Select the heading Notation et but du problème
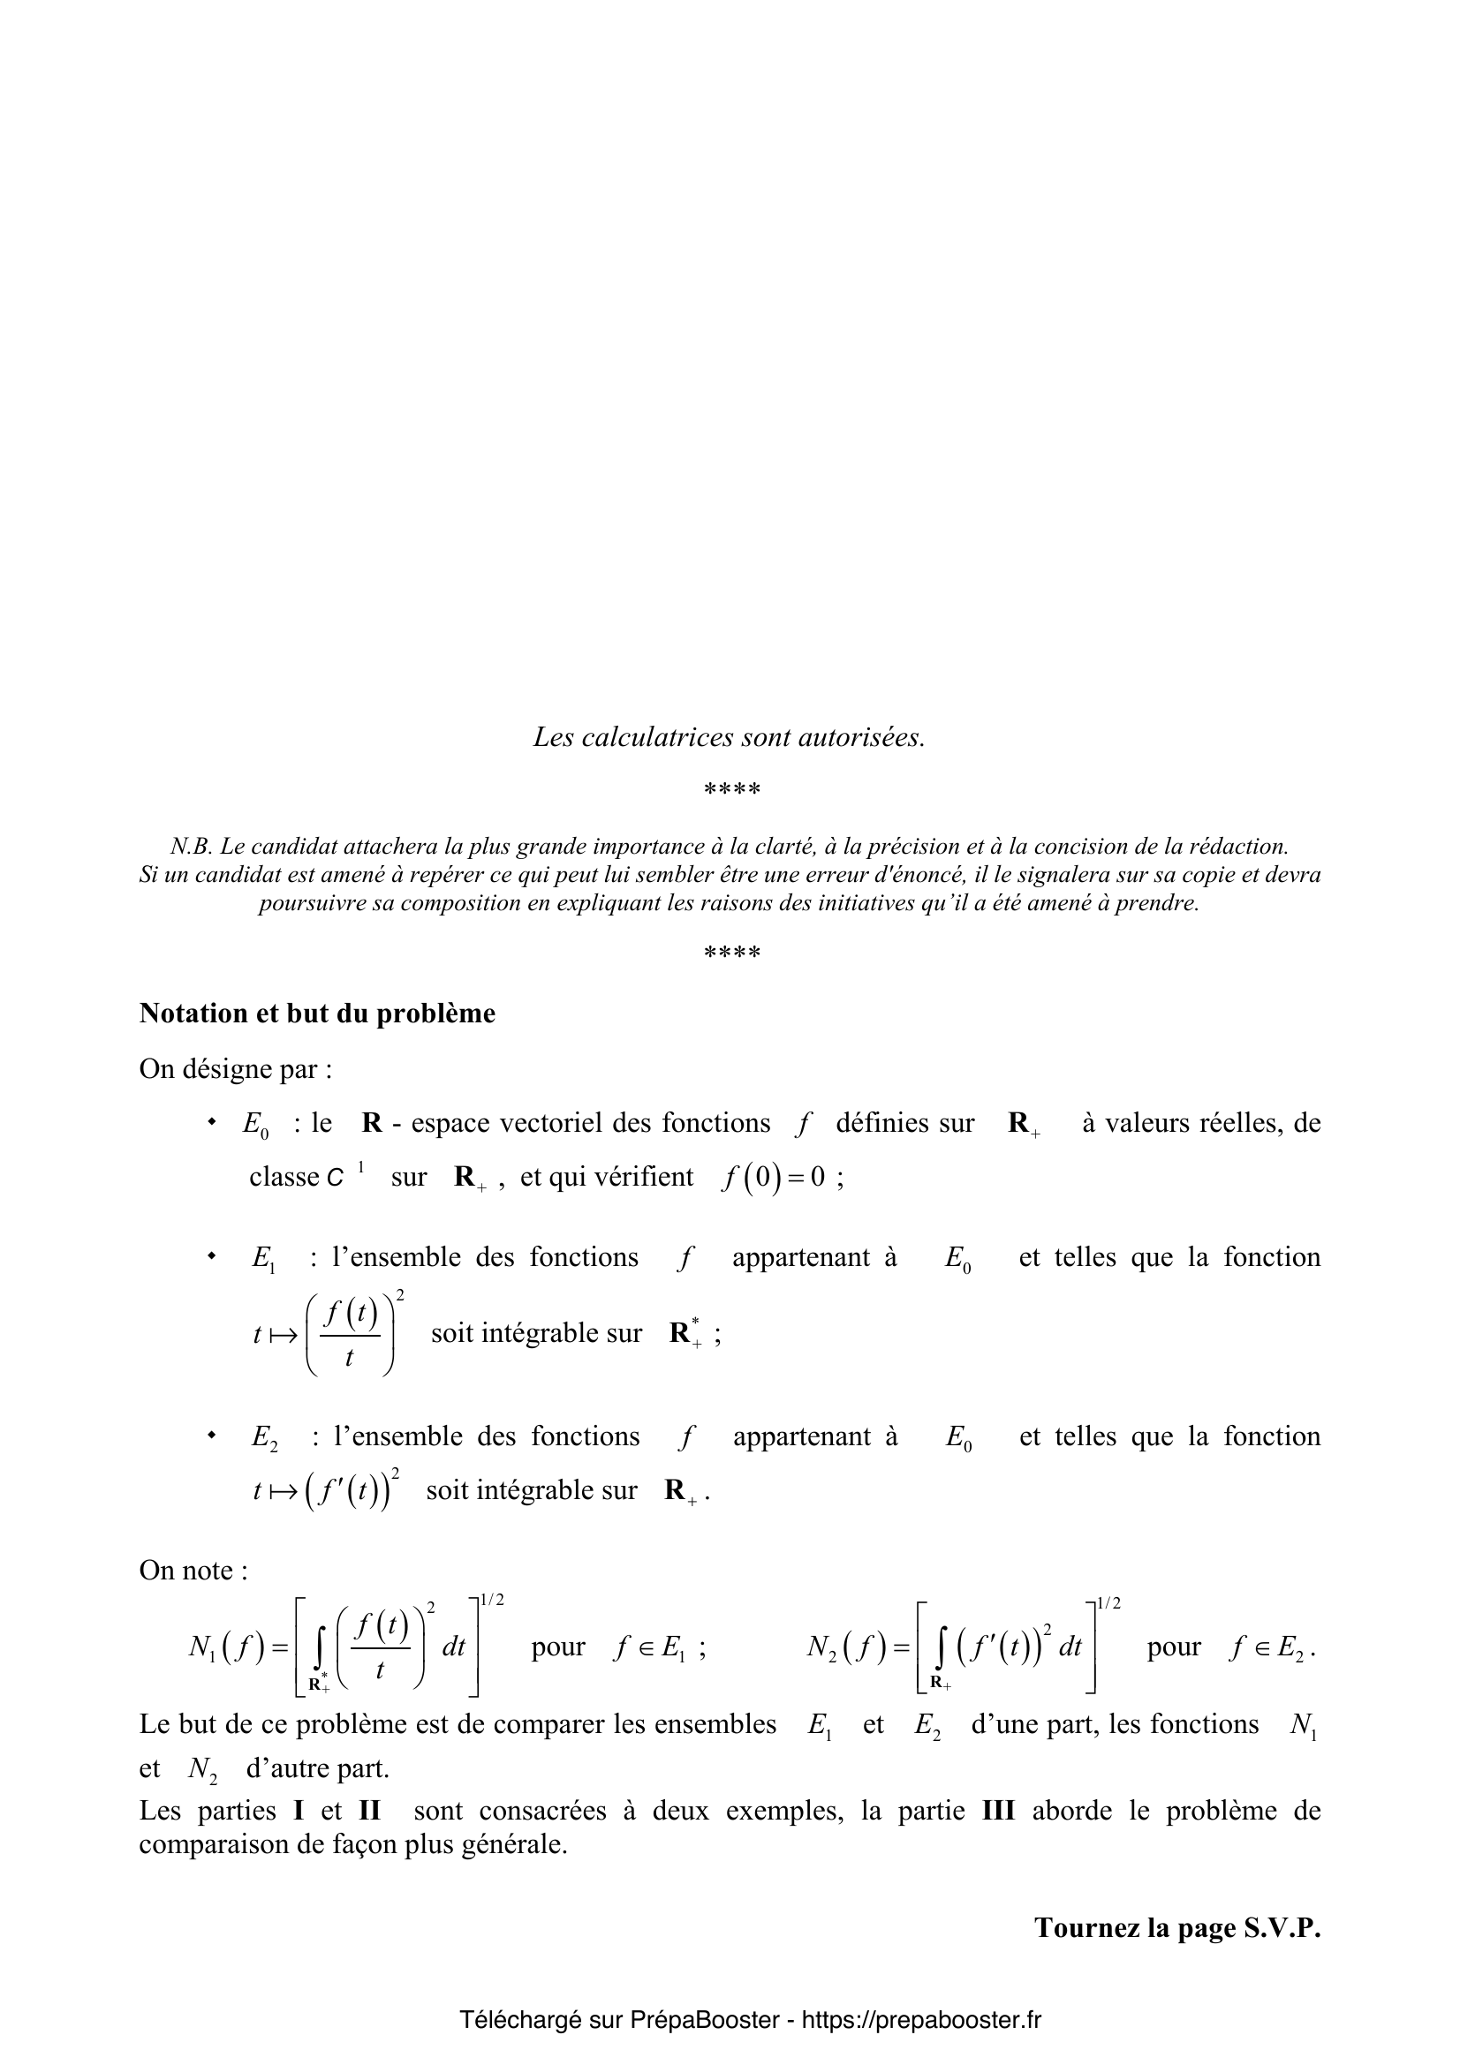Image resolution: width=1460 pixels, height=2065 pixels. (317, 1014)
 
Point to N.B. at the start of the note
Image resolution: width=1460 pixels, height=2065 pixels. (191, 847)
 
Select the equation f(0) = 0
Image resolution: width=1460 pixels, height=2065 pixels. (774, 1178)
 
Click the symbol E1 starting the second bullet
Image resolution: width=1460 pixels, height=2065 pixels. (263, 1258)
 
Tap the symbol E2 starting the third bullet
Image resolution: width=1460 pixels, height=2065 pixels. (263, 1437)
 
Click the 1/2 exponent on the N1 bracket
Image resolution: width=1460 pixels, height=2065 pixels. (492, 1600)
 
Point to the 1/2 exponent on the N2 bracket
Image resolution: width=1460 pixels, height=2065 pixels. (1108, 1603)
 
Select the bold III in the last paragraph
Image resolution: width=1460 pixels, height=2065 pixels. (997, 1811)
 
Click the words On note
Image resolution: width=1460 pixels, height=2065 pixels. (193, 1571)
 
